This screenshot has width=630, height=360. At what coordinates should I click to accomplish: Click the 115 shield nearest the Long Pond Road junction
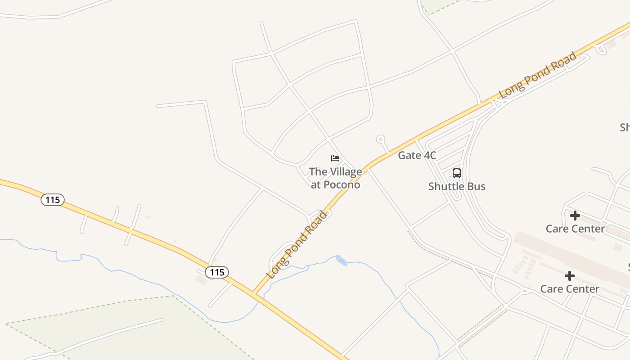pyautogui.click(x=217, y=272)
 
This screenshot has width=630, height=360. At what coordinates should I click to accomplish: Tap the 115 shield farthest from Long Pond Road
pyautogui.click(x=53, y=199)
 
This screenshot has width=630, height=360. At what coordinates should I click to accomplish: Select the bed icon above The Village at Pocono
pyautogui.click(x=335, y=158)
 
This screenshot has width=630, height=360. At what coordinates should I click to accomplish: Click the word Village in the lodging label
pyautogui.click(x=346, y=171)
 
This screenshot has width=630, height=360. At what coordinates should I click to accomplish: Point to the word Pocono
pyautogui.click(x=342, y=184)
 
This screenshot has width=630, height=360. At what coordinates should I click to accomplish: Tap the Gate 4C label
pyautogui.click(x=417, y=156)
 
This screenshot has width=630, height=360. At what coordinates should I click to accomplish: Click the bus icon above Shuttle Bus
pyautogui.click(x=456, y=173)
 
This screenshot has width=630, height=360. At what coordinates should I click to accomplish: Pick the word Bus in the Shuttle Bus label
pyautogui.click(x=477, y=186)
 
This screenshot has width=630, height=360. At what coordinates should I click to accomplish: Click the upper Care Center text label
pyautogui.click(x=575, y=229)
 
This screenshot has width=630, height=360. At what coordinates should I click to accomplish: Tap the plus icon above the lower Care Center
pyautogui.click(x=570, y=275)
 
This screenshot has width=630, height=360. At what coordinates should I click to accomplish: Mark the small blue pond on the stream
pyautogui.click(x=341, y=260)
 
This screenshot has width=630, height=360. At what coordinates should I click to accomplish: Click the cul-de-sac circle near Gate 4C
pyautogui.click(x=381, y=139)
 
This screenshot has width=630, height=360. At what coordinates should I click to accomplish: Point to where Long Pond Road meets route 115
pyautogui.click(x=255, y=293)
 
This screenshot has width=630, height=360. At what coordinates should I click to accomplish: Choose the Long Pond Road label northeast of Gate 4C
pyautogui.click(x=538, y=76)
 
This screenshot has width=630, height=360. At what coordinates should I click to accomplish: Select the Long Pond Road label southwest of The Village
pyautogui.click(x=297, y=245)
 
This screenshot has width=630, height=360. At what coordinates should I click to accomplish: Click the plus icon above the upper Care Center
pyautogui.click(x=575, y=216)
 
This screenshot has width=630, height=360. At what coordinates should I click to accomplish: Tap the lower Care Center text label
pyautogui.click(x=570, y=288)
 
